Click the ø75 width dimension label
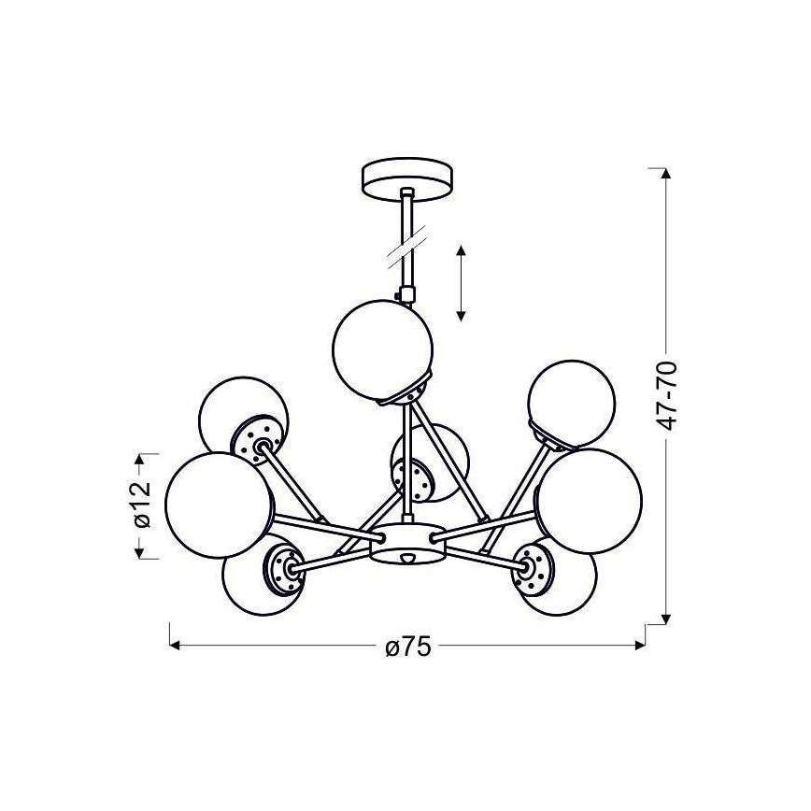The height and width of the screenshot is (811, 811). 408,647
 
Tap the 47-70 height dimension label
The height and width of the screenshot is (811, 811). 666,396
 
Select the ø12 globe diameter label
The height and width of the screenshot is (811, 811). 142,505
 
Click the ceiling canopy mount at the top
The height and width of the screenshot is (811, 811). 408,179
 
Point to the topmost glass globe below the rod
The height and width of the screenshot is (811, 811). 382,350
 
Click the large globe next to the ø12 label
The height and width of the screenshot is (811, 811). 218,505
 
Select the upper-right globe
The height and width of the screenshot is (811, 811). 572,404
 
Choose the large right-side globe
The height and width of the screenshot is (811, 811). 590,501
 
